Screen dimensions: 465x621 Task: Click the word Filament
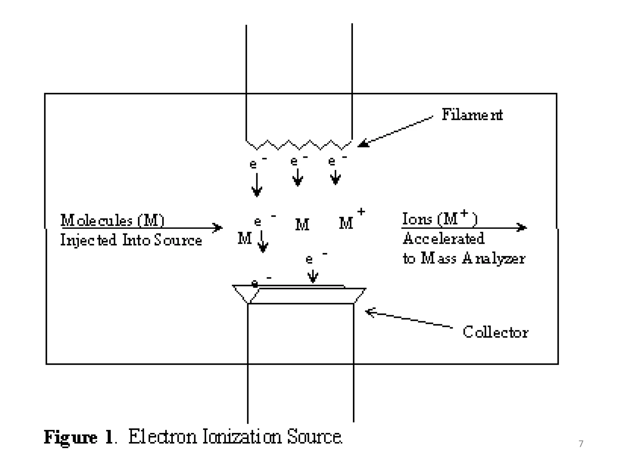472,115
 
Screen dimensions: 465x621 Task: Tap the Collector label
495,332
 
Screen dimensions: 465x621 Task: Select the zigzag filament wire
299,145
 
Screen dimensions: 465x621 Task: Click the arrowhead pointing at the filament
363,143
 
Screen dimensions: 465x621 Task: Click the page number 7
581,444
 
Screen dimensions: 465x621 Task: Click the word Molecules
96,220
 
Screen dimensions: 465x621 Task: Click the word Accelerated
443,238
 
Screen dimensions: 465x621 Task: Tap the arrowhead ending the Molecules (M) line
218,227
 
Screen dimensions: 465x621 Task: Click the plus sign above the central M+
361,211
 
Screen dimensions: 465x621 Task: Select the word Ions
417,219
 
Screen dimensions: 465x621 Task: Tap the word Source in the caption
314,437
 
